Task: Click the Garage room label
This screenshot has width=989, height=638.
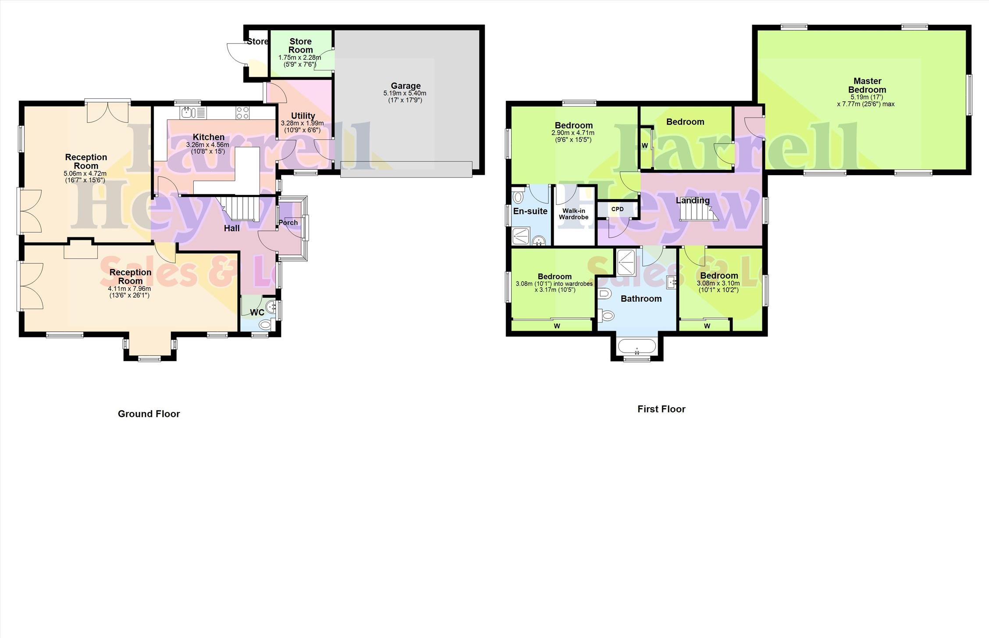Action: (406, 86)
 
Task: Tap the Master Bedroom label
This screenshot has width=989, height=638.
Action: (867, 85)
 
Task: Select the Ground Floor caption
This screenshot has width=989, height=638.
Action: (149, 414)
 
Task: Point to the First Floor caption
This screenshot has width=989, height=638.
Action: (661, 409)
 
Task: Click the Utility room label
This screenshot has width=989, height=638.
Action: (303, 116)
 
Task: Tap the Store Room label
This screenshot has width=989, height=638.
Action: (301, 46)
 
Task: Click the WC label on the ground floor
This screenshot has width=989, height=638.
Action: (257, 312)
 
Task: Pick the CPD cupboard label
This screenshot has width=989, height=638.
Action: (617, 209)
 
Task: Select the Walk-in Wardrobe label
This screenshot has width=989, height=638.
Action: (573, 214)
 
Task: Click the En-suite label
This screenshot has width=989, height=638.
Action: (530, 211)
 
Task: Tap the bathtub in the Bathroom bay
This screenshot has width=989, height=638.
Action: (637, 346)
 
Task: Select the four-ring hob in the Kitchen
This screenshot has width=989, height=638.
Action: (242, 113)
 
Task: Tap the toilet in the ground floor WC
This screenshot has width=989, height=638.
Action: (266, 325)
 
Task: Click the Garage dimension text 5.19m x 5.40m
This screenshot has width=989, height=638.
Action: (405, 93)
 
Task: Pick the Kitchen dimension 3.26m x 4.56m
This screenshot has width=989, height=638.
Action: (208, 145)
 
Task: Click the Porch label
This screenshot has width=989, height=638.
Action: (288, 222)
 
